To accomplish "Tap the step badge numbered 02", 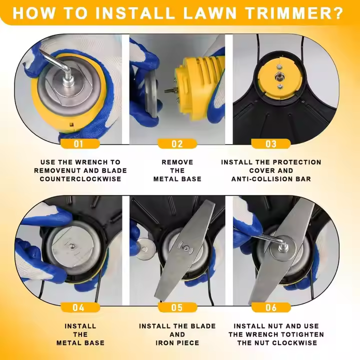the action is click(177, 143).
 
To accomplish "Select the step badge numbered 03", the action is click(271, 143).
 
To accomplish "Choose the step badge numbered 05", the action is click(177, 307).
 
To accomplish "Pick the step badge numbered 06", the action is click(271, 307).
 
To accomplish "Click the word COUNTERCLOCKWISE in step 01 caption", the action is click(80, 179).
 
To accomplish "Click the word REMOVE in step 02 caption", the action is click(177, 162).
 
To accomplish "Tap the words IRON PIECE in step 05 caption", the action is click(177, 343).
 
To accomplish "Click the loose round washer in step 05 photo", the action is click(145, 249).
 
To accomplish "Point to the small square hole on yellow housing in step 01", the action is click(71, 124).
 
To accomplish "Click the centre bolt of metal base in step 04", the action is click(72, 246).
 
